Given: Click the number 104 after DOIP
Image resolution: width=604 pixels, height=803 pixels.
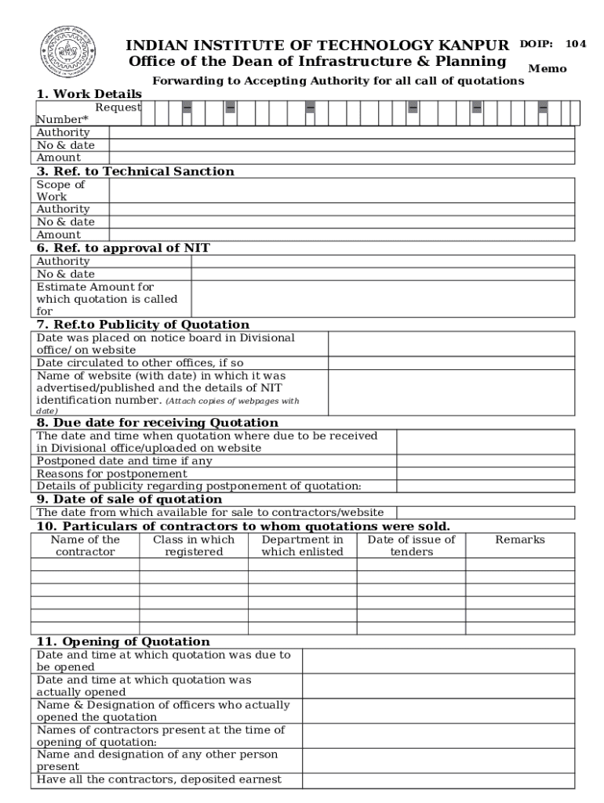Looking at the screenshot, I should point(576,44).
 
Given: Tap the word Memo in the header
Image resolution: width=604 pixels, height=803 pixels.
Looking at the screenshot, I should point(548,68).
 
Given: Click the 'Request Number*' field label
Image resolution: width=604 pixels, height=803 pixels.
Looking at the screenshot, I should point(86,113).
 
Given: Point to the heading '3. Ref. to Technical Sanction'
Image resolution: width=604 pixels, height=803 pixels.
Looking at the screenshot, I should point(135,171).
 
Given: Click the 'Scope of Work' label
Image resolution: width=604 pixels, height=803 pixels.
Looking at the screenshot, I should point(61,191).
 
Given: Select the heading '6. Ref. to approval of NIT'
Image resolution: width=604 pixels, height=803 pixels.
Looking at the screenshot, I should point(123,248).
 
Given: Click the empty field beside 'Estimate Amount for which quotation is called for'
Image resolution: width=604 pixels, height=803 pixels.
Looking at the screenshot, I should point(383,299).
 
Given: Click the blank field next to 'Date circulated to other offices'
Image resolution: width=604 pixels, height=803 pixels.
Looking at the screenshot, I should point(451,363).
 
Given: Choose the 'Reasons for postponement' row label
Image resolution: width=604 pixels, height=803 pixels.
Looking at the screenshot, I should point(112,474).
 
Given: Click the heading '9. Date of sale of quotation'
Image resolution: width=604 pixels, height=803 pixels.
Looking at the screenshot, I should point(129,499).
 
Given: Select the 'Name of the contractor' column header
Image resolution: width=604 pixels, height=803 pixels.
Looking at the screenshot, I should point(85,546).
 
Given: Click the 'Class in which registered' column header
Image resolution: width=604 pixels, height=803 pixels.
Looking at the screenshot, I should point(194,546).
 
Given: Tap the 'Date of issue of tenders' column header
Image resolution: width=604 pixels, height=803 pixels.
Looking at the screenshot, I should point(411,546).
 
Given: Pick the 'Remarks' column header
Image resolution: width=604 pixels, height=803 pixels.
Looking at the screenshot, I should point(520,540).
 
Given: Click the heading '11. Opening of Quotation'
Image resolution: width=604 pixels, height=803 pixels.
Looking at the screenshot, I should point(123,641).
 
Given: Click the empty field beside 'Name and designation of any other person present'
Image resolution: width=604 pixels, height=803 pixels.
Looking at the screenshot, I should point(439,761).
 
